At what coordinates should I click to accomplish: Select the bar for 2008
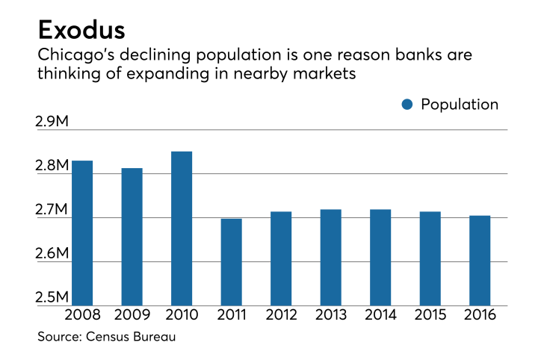[81, 232]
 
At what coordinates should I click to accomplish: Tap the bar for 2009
[132, 236]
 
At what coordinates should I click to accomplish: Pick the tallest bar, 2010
[182, 228]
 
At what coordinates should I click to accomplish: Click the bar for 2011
[231, 261]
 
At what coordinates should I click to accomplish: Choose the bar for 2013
[330, 257]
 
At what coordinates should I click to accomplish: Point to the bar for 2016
[479, 260]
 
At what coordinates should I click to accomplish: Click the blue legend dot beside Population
[407, 105]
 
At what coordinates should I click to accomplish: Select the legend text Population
[460, 105]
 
